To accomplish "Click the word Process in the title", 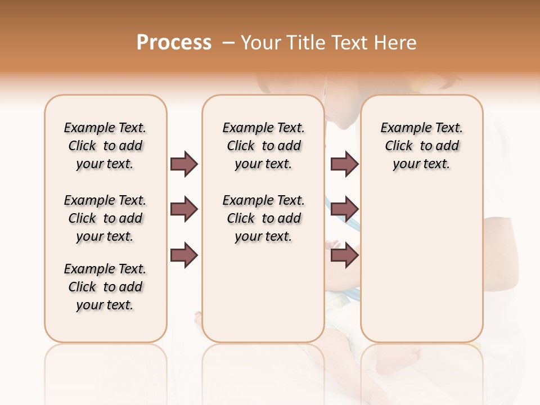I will (174, 42).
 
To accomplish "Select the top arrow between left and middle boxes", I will (184, 164).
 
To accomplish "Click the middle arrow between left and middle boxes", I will (184, 209).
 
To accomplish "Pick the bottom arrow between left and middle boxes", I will (184, 255).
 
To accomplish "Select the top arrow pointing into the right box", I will (344, 164).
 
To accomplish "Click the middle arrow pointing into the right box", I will (344, 209).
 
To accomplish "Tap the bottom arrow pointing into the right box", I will (344, 255).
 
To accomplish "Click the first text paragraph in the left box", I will (105, 146).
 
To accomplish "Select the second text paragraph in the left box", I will (105, 218).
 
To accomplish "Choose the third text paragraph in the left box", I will (105, 287).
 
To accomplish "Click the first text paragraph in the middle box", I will (263, 146).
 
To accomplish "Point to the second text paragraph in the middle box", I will (263, 218).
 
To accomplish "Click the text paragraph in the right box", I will (421, 146).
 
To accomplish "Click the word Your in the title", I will (262, 42).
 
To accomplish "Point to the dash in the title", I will (228, 42).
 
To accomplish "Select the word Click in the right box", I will (399, 146).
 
